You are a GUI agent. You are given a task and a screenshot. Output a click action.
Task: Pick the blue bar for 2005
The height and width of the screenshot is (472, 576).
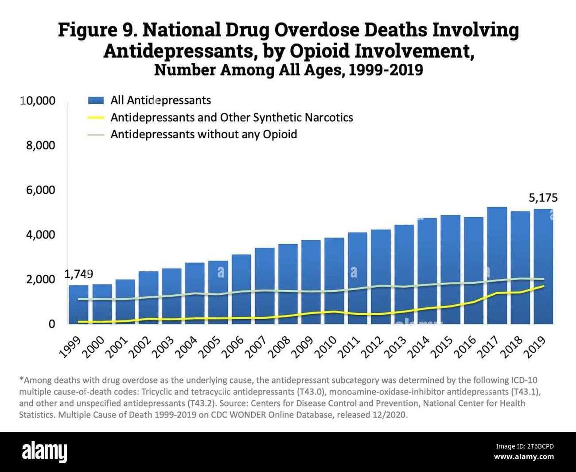[218, 292]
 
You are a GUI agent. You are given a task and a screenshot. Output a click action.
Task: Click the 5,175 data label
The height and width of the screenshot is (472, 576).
[543, 198]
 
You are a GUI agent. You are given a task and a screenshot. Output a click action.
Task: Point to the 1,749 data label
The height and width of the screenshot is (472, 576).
[79, 274]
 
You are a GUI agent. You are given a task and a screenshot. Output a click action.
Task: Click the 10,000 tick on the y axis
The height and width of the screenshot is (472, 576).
[38, 101]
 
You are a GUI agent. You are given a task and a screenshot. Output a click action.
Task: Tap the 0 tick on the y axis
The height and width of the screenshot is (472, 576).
[52, 324]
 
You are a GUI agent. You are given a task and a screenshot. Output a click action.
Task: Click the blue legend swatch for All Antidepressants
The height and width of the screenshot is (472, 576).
[96, 101]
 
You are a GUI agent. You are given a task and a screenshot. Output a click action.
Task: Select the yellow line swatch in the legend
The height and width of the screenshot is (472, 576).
[96, 118]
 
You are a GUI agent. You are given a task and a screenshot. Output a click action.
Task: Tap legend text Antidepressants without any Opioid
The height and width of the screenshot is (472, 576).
[203, 134]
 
